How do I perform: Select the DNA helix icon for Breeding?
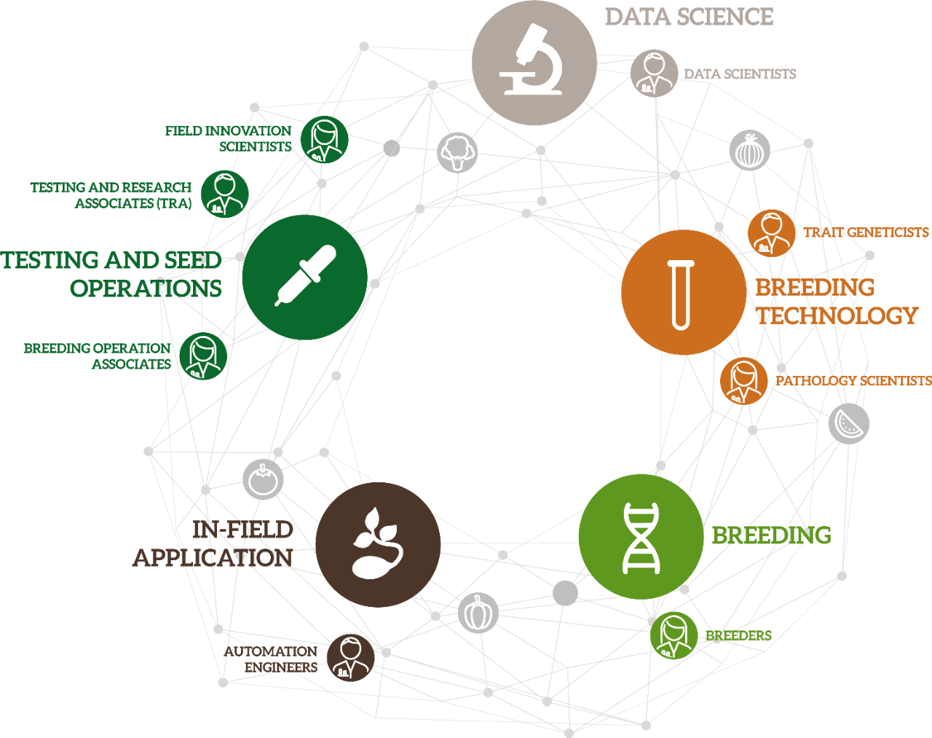[x=641, y=537]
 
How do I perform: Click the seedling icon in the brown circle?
[x=377, y=544]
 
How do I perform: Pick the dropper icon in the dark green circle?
[x=305, y=277]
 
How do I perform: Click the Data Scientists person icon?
[x=654, y=74]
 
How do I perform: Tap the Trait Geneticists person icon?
[x=770, y=233]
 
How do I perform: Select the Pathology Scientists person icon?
[x=743, y=381]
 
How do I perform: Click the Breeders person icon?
[x=674, y=635]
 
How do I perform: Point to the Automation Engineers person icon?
[x=350, y=657]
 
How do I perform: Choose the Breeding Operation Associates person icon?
[x=202, y=356]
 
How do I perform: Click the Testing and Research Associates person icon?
[x=224, y=194]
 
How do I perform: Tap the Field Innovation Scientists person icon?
[x=324, y=140]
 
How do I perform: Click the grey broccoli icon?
[x=457, y=152]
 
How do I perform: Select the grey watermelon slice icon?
[x=848, y=424]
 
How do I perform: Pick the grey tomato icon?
[x=263, y=479]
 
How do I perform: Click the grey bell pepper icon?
[x=478, y=613]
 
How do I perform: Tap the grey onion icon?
[x=749, y=151]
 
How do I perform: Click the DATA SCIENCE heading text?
[x=689, y=17]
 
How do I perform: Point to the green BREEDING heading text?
[x=771, y=535]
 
